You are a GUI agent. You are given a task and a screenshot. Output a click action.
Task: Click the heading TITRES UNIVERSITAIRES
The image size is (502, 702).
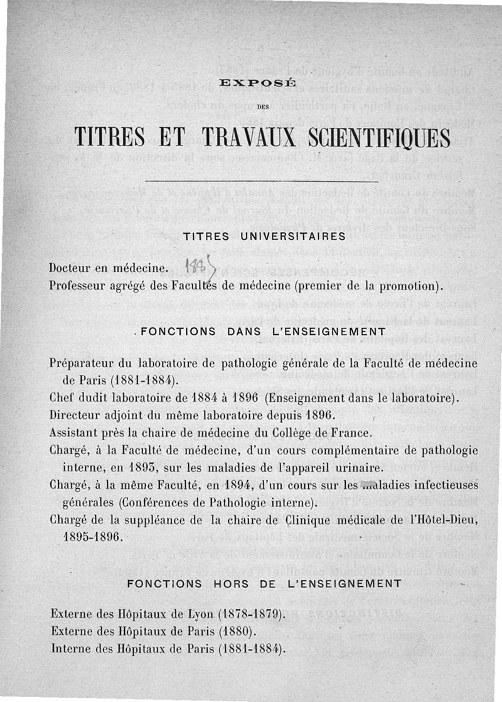(x=264, y=236)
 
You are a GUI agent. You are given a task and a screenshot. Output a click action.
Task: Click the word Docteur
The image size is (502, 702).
(x=71, y=270)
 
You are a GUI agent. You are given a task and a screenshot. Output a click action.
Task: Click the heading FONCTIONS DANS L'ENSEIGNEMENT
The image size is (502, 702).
(x=263, y=332)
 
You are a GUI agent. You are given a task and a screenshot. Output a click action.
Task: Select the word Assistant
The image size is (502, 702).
(x=73, y=432)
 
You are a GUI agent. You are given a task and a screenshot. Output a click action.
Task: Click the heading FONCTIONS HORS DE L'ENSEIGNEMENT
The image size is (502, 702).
(x=264, y=583)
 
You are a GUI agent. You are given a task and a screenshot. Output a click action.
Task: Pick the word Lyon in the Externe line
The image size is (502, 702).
(x=188, y=613)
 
